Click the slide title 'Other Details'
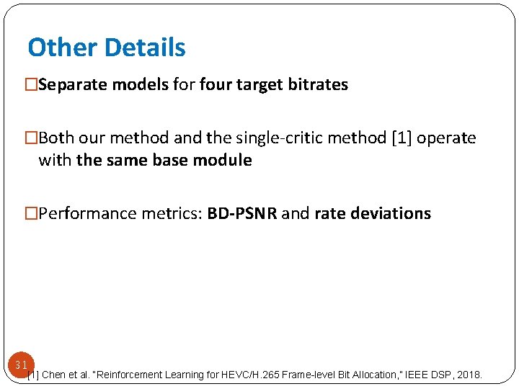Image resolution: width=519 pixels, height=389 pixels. (x=107, y=48)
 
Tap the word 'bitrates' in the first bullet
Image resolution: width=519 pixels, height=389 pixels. (x=319, y=85)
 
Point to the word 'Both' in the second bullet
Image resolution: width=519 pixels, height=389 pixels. (x=55, y=138)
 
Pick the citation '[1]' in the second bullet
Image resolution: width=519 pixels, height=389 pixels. (x=399, y=138)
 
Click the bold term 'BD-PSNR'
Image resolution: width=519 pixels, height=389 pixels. (x=241, y=213)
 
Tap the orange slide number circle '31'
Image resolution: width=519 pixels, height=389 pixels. (x=21, y=365)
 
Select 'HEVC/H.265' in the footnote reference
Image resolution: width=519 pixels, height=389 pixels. (x=238, y=375)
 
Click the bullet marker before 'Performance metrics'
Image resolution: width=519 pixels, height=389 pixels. (x=31, y=213)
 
